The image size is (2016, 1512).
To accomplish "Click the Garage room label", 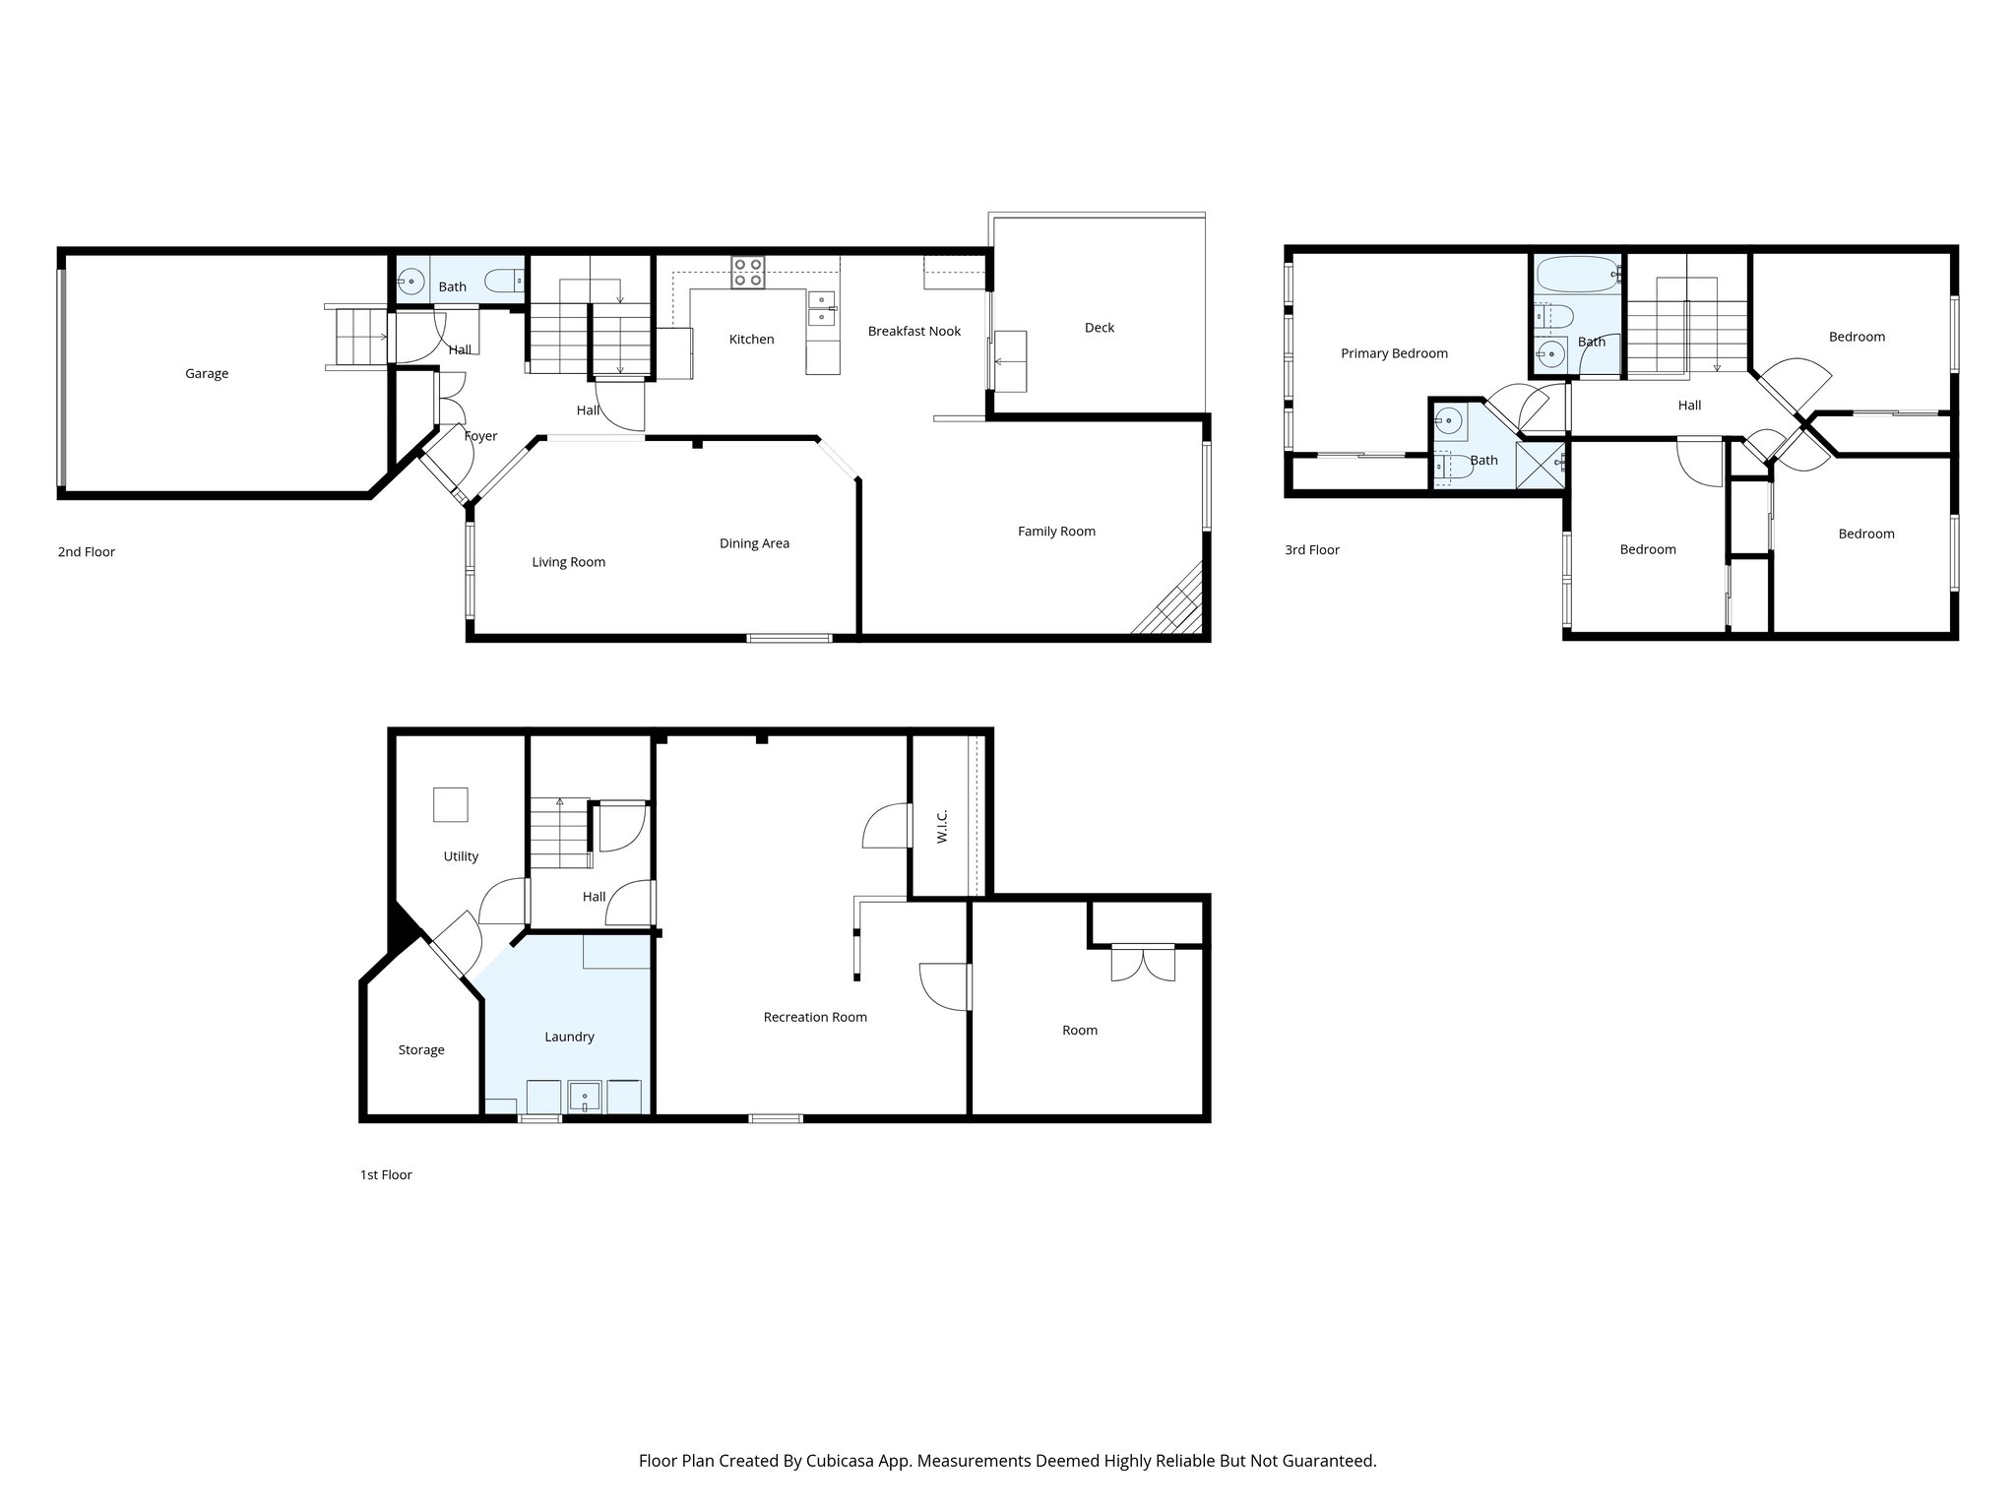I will (207, 373).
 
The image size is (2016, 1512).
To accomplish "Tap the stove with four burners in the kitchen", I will (747, 272).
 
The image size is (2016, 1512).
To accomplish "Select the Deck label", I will (1099, 328).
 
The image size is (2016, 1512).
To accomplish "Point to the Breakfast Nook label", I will (913, 331).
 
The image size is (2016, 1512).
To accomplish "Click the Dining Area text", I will (754, 543).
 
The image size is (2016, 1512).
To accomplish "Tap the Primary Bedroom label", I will (1394, 353).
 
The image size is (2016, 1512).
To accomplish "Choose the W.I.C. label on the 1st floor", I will (942, 826).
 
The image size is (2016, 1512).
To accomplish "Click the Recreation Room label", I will (815, 1017).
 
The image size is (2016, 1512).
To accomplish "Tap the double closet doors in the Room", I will (1143, 962).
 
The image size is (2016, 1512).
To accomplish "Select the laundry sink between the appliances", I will (585, 1097).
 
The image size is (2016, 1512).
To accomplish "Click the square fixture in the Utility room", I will (451, 804).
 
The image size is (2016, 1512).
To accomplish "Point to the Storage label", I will (421, 1050).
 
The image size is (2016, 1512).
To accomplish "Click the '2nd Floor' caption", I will (87, 552).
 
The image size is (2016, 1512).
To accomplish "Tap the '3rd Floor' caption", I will (1311, 550).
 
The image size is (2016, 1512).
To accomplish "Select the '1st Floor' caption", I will (386, 1174).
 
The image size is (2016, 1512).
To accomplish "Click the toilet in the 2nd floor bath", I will (508, 281).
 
